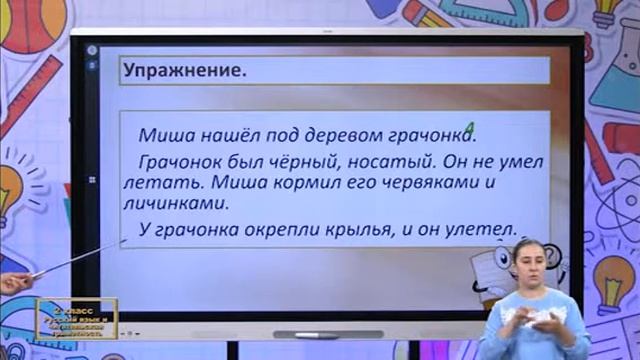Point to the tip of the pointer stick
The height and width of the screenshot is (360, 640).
pyautogui.click(x=123, y=240)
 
